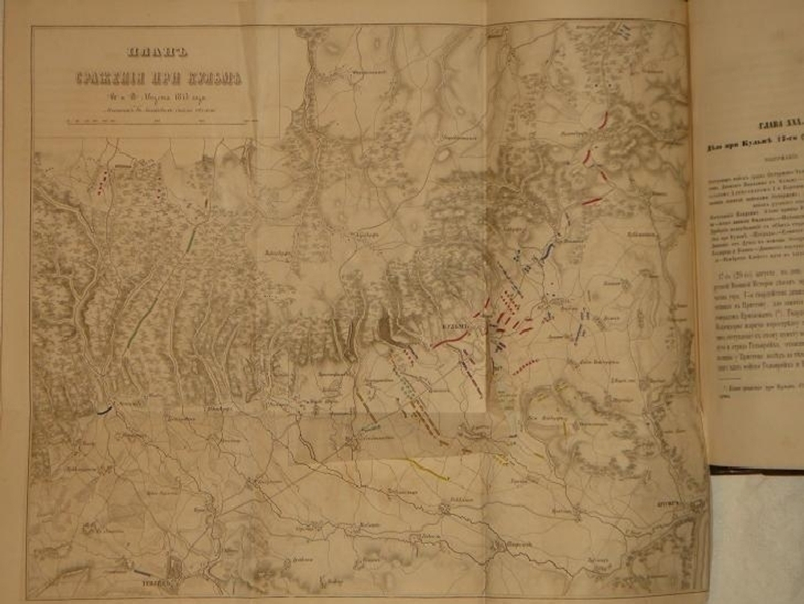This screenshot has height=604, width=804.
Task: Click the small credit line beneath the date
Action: (154, 111)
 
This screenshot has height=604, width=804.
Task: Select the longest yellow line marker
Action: (427, 467)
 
